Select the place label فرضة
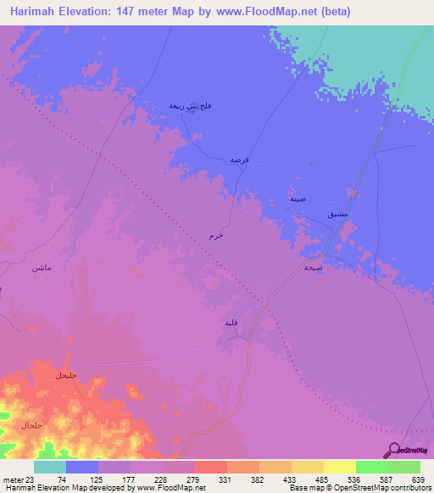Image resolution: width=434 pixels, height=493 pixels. point(238,159)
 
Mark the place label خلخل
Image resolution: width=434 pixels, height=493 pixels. point(65,374)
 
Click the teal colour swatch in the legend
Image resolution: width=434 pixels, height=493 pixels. point(50,467)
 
